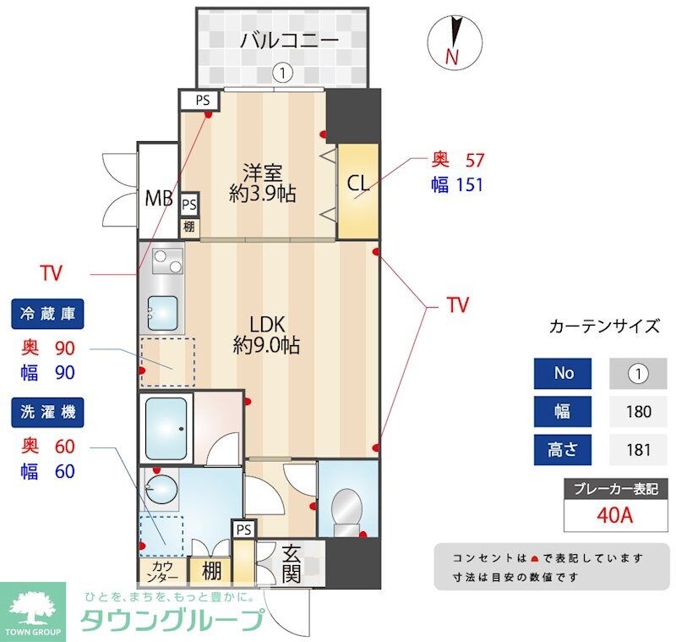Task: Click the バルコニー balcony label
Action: click(289, 40)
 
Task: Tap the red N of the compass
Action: click(452, 58)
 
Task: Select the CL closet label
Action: click(357, 182)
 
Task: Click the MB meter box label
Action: click(158, 200)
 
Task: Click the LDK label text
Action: click(270, 324)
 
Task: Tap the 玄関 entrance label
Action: click(292, 563)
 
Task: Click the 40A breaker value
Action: click(614, 514)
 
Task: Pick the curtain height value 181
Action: click(639, 450)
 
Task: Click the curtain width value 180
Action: click(639, 412)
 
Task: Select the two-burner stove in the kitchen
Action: click(167, 263)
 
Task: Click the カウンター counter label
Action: click(163, 573)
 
